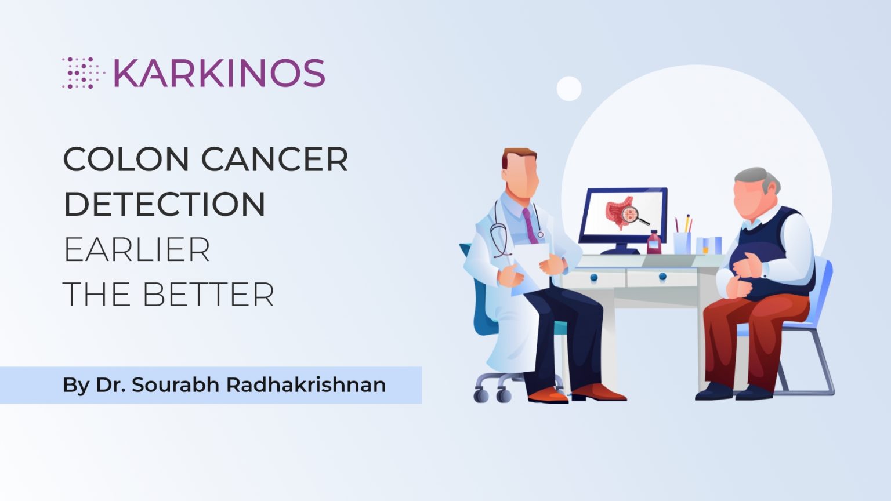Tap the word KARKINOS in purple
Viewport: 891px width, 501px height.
(x=219, y=73)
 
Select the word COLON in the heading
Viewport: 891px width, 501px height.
(x=126, y=159)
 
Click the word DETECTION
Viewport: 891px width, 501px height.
(x=164, y=204)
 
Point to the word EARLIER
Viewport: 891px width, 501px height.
(x=136, y=249)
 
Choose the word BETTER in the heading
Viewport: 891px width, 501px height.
(x=208, y=295)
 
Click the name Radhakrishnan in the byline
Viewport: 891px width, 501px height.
(x=306, y=385)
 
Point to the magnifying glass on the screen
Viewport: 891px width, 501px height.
(x=632, y=216)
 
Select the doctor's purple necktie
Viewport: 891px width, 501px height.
(x=530, y=226)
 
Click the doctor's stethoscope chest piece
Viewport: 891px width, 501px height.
(x=541, y=234)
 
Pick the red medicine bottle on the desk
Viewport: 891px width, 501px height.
(x=654, y=243)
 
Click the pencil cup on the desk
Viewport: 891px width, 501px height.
(x=682, y=242)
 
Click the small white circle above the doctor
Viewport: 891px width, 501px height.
(x=569, y=89)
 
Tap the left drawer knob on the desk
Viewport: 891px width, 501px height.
(x=593, y=278)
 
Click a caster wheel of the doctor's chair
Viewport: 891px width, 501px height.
(x=481, y=396)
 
